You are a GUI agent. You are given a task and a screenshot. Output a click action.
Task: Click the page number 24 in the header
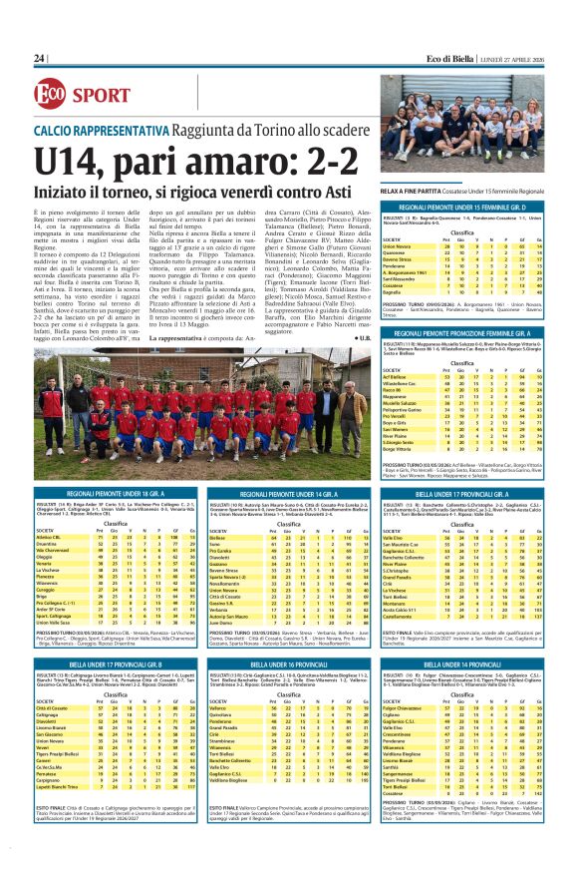pyautogui.click(x=40, y=59)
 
